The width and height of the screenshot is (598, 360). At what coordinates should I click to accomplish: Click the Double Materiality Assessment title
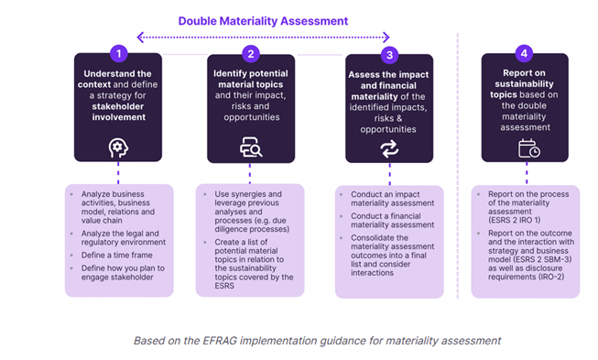[x=263, y=20]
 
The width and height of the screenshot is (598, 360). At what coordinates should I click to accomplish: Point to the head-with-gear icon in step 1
[x=117, y=147]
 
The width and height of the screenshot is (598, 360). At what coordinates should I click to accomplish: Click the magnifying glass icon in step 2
[x=251, y=147]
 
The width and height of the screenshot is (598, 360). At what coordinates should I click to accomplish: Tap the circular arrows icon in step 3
[x=389, y=147]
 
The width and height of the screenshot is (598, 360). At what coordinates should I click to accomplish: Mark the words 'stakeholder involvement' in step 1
[x=117, y=111]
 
